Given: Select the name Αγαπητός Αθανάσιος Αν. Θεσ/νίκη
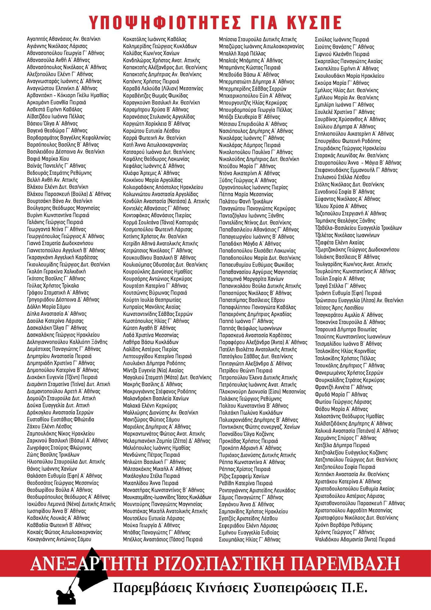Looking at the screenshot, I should pos(64,39).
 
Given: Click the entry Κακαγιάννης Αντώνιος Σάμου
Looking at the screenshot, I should pos(59,539).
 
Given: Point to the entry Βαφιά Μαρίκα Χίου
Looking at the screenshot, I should pos(48,159).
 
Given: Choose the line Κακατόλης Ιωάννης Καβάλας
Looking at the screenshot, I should pos(155,39).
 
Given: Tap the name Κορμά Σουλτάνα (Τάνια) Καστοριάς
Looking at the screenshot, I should pos(161,222).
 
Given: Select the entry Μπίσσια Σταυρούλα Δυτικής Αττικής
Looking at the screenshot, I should pos(258,39).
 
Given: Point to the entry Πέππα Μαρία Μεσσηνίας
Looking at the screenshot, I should pos(246,194).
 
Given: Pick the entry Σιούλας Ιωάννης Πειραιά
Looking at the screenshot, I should pos(342,39).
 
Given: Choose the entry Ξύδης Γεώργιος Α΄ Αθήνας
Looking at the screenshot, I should pos(248,180).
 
